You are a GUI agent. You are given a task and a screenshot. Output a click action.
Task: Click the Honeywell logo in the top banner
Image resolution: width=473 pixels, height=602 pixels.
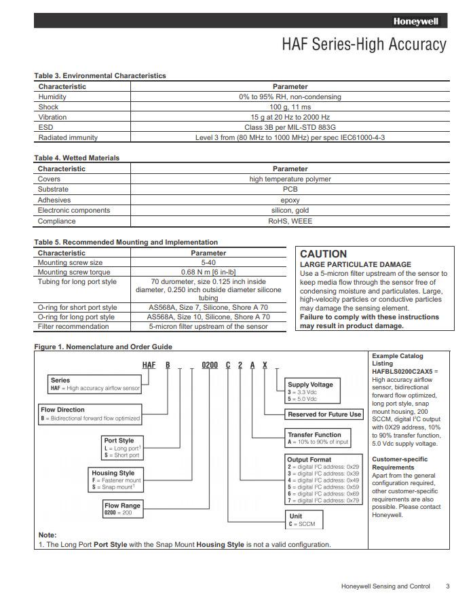pos(416,21)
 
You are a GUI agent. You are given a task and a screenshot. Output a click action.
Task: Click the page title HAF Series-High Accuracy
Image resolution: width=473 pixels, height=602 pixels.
pos(364,45)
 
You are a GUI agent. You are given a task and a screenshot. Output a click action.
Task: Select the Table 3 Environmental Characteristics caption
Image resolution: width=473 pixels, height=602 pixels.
pos(100,75)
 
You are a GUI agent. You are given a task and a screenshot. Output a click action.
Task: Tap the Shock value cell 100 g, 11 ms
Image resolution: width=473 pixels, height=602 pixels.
pos(290,107)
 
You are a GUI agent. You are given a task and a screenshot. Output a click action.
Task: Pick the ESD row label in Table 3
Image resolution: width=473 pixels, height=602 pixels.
pos(46,127)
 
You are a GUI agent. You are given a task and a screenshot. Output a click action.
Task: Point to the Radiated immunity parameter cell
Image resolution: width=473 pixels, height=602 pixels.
pos(290,137)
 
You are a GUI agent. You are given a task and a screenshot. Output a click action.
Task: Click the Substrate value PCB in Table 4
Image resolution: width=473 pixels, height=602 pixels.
pos(290,190)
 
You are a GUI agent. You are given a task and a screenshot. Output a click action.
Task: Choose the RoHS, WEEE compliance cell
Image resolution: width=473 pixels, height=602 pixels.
pos(290,221)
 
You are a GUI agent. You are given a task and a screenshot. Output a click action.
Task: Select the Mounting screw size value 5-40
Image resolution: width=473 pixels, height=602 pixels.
pos(208,262)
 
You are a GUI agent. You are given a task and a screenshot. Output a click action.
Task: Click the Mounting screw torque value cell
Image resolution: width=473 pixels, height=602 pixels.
pos(208,272)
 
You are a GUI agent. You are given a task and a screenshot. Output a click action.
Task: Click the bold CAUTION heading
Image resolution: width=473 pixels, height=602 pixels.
pos(323,254)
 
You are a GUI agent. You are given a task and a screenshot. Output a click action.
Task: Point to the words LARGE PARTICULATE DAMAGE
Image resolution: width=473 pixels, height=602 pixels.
pos(355,264)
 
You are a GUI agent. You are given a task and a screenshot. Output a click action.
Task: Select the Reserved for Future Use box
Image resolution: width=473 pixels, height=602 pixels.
pos(324,414)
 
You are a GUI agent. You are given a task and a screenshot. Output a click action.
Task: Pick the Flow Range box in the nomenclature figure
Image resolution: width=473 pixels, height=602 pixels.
pos(122,509)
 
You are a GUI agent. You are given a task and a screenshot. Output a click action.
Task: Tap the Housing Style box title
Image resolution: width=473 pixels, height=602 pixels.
pos(113,473)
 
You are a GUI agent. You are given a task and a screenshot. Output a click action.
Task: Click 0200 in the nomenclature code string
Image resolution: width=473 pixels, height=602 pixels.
pos(209,366)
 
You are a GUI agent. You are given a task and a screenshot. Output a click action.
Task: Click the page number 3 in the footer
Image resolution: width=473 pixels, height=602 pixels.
pos(447,586)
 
